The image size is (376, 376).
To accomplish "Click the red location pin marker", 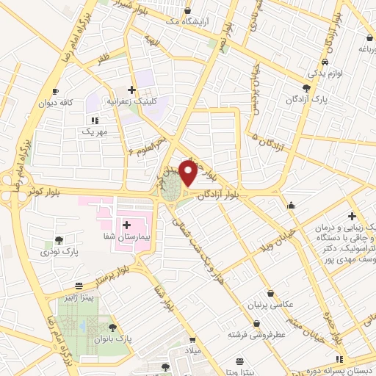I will pyautogui.click(x=188, y=172).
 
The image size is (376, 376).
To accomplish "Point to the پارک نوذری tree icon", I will pyautogui.click(x=58, y=239).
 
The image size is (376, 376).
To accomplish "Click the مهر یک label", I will pyautogui.click(x=95, y=132).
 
